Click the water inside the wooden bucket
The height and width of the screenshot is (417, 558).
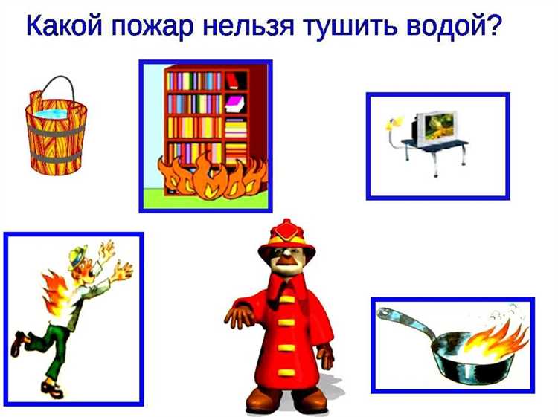pos(54,114)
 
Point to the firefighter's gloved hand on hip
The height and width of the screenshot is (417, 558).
pos(237,317)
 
